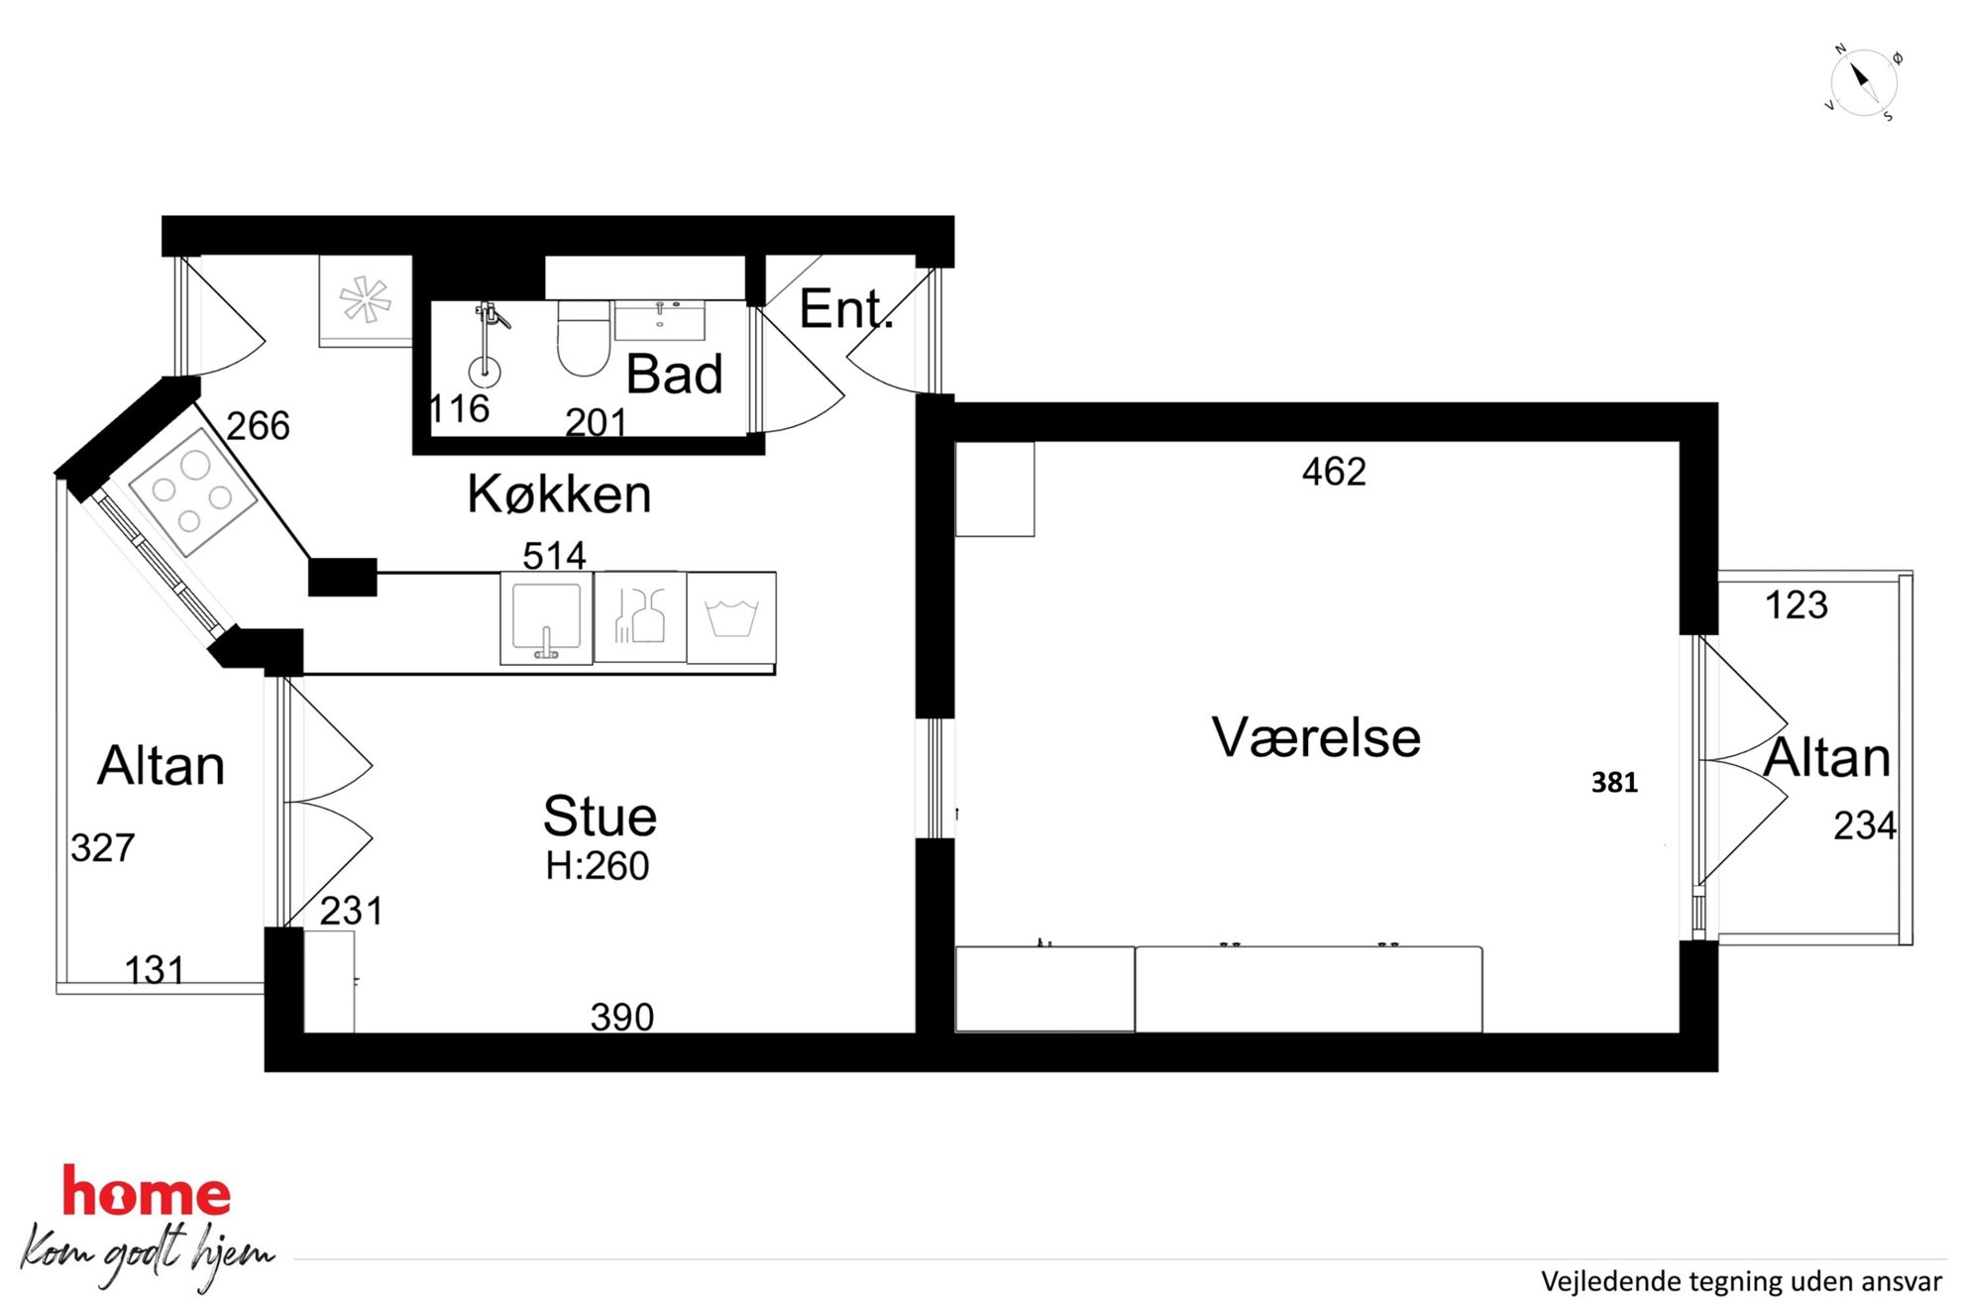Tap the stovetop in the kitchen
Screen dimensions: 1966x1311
coord(193,492)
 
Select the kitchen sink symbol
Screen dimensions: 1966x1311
coord(546,619)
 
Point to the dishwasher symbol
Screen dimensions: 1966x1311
coord(640,617)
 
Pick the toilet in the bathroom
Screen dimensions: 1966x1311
coord(583,338)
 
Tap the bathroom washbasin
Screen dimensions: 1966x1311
coord(660,320)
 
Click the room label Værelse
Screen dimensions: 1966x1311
coord(1316,738)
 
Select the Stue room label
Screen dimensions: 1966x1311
coord(600,817)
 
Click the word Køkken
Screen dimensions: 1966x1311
coord(559,493)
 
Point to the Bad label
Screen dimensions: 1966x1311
coord(674,375)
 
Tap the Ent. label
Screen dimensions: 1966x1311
coord(846,309)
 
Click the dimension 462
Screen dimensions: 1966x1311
coord(1334,472)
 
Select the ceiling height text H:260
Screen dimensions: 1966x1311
coord(598,866)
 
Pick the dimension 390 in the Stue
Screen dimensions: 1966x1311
coord(622,1017)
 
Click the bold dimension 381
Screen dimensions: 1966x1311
coord(1614,783)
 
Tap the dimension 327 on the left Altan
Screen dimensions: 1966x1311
coord(102,848)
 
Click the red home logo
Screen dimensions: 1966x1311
coord(147,1191)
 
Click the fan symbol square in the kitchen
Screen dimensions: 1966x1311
coord(365,300)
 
